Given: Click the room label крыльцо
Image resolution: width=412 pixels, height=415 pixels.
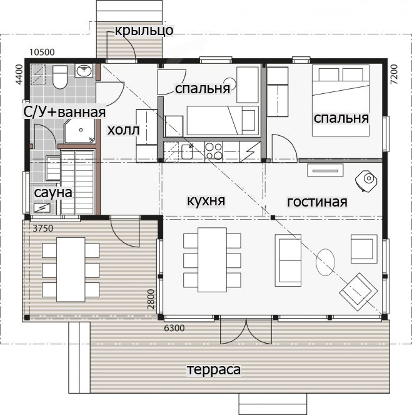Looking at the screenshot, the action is tap(144, 31).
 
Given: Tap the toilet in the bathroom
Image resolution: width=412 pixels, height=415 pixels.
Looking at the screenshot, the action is tap(60, 77).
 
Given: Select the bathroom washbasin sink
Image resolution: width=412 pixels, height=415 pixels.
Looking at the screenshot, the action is tap(84, 71).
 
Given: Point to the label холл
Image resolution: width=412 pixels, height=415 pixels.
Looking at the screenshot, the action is tap(123, 130).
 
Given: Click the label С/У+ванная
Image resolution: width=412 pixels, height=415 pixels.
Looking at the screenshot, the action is tap(64, 111).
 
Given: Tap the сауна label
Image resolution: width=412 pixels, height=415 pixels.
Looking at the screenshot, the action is tap(53, 193).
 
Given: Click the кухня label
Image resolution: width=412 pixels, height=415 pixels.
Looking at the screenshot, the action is tap(206, 201).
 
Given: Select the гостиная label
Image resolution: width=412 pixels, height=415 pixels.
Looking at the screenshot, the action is tap(317, 202).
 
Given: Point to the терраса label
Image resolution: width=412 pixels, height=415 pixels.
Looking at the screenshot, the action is tap(214, 369).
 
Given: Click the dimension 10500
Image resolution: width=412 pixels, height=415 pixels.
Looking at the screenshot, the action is tap(42, 52).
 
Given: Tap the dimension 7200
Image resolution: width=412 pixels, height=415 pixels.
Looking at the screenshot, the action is tap(394, 74).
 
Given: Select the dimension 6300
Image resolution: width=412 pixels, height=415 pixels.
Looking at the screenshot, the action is tap(174, 328).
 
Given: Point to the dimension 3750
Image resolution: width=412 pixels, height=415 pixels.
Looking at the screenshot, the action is tap(43, 228).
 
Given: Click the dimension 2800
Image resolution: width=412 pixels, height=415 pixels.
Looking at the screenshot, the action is tap(151, 299).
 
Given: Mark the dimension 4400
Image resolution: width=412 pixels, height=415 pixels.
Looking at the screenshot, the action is tap(19, 74).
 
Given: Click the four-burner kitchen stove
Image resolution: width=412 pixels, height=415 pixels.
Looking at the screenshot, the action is tap(214, 151).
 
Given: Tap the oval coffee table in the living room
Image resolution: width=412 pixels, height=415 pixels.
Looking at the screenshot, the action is tap(325, 262).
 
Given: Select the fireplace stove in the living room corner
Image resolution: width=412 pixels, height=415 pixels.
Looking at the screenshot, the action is tap(366, 180).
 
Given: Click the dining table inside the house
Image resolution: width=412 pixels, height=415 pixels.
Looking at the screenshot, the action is tap(212, 260).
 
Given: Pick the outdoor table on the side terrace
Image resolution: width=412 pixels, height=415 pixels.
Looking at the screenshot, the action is tap(71, 269).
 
